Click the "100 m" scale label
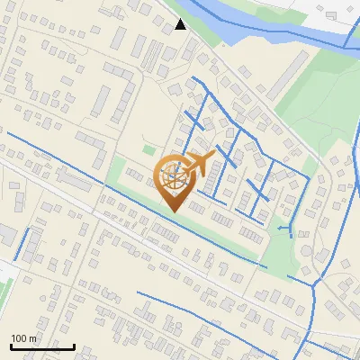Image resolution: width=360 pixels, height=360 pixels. (x=24, y=338)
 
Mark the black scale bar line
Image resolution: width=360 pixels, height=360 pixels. (x=42, y=346)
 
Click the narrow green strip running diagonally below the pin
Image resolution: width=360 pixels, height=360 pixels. (x=225, y=239)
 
